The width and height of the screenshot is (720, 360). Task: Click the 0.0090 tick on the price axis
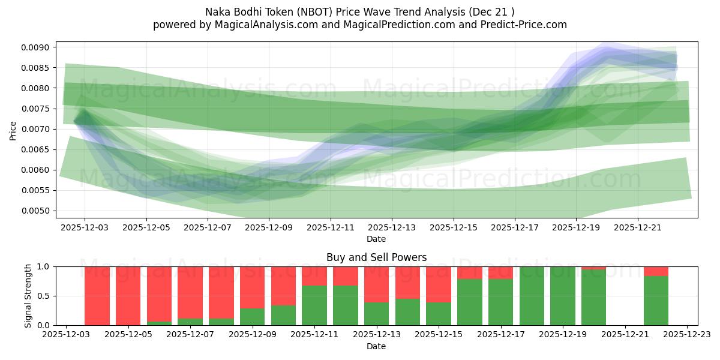39,47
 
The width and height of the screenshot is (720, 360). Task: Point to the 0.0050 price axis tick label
39,211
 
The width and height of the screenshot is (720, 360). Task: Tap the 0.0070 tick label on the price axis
39,129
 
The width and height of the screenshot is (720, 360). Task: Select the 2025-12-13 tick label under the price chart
392,227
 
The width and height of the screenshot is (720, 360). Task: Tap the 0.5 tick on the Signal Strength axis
45,296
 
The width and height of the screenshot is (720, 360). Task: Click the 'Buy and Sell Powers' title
376,257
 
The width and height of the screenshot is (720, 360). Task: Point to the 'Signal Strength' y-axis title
28,296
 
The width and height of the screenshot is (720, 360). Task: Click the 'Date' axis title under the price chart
376,239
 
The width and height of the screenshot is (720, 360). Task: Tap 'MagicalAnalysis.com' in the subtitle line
262,25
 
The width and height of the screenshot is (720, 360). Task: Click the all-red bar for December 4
97,296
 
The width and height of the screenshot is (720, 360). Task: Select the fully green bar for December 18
532,296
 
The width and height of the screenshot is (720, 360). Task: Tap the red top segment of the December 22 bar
656,271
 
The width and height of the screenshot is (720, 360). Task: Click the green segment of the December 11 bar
314,305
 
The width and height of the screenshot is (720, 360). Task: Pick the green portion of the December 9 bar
253,317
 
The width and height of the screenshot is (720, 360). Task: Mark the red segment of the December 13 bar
376,284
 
